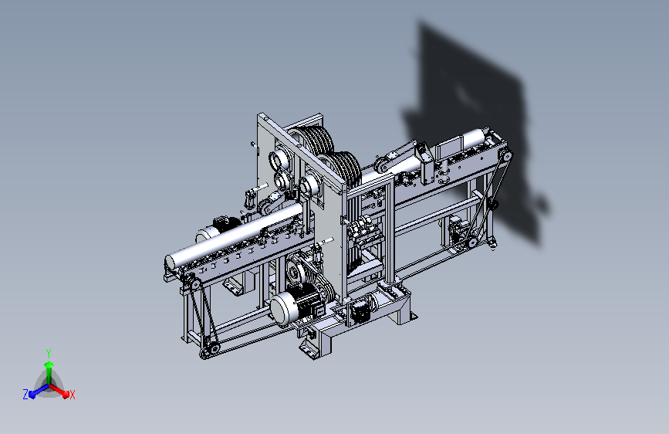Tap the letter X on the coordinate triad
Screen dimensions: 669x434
(72, 395)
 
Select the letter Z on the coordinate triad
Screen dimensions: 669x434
(25, 395)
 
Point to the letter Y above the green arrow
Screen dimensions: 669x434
(49, 353)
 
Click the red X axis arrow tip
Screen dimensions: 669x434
(66, 395)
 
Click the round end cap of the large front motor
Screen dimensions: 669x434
(282, 309)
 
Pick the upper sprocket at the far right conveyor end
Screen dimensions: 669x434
(507, 155)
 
